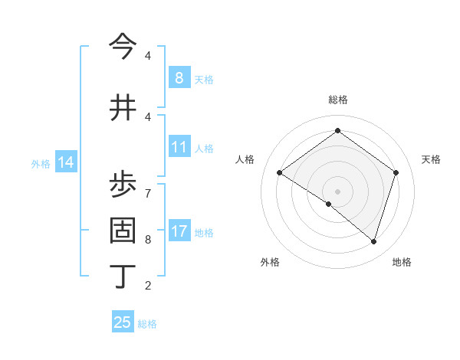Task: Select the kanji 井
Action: tap(123, 108)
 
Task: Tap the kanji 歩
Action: tap(123, 182)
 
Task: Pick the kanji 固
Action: tap(123, 230)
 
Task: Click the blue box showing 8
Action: tap(179, 77)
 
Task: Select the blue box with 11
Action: tap(179, 147)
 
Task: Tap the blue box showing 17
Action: tap(179, 231)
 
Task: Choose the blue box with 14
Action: tap(65, 162)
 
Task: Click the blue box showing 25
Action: tap(123, 322)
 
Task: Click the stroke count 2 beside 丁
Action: tap(148, 286)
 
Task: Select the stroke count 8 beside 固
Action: tap(148, 239)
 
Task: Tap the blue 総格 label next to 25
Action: tap(147, 324)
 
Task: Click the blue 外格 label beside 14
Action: tap(41, 163)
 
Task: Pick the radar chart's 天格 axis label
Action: tap(431, 159)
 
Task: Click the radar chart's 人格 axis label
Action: tap(245, 159)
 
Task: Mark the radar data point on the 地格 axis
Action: tap(373, 241)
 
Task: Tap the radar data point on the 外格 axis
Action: tap(329, 204)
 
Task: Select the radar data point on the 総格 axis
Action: tap(337, 131)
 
